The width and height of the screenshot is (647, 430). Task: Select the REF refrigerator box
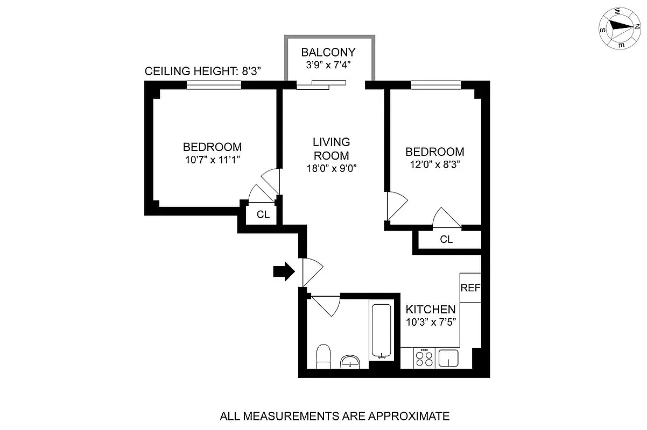point(470,288)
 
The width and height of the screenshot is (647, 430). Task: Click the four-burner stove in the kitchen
point(424,358)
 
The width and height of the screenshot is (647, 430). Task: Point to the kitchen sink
point(448,358)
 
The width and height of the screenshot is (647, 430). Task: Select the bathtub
point(382,330)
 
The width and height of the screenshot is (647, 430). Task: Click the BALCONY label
point(328,53)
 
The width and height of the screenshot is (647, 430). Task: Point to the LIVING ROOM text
point(331,149)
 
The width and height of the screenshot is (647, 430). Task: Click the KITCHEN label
point(430,310)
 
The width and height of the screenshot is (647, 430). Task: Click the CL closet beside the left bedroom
point(263,214)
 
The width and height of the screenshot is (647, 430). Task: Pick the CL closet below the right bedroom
point(446,240)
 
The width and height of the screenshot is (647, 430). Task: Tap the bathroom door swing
point(325,305)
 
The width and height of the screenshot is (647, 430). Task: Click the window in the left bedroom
point(214,84)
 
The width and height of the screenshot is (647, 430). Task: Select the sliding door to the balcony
point(320,84)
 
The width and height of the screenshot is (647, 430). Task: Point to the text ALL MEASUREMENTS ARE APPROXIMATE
point(334,415)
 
